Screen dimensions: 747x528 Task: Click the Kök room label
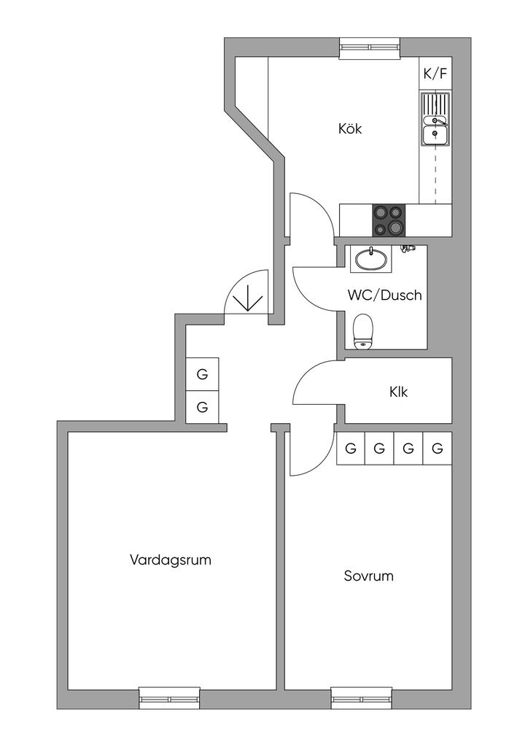click(350, 129)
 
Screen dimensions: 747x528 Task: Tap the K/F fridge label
click(435, 74)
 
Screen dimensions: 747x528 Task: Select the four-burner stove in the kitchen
click(388, 220)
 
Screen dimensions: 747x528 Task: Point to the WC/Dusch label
click(384, 296)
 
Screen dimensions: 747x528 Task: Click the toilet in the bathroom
click(362, 332)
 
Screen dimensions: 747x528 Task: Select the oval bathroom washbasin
click(372, 258)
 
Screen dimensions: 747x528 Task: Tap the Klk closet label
click(398, 392)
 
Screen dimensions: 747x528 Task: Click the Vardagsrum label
click(171, 560)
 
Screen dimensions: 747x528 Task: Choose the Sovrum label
click(368, 576)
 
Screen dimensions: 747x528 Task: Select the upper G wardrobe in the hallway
click(202, 376)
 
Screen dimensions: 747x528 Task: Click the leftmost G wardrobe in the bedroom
click(351, 449)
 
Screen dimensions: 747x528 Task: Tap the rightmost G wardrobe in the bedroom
click(437, 449)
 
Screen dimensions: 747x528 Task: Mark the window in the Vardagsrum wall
click(169, 698)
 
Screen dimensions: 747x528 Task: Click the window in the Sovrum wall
click(362, 698)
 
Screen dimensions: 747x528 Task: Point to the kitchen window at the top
click(370, 47)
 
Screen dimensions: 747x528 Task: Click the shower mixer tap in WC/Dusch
click(408, 249)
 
